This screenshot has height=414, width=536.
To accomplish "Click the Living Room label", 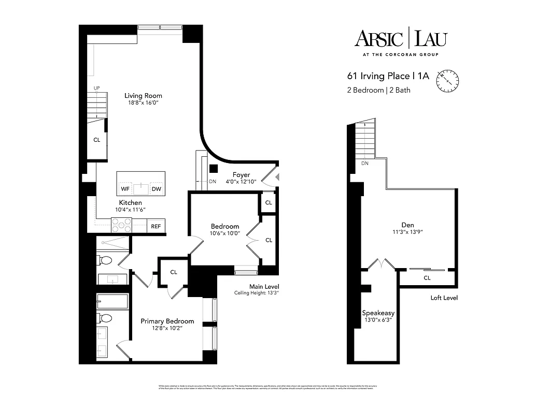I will pos(143,95).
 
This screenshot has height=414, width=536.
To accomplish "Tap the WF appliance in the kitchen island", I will pos(125,189).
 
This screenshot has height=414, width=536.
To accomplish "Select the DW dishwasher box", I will pos(156,189).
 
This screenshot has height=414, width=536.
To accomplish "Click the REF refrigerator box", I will pos(155,226).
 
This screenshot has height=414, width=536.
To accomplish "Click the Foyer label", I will pos(241,174).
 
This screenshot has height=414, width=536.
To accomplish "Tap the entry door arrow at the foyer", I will pos(277,178).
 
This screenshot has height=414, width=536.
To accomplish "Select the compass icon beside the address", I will pos(448,80).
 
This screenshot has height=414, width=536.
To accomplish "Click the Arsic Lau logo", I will pos(400,39).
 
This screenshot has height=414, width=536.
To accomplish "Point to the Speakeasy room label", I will pos(378,313).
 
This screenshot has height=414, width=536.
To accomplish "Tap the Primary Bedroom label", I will pos(167,321).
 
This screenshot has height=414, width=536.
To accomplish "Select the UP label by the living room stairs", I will pos(96,88).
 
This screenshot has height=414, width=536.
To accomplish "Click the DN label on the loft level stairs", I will pos(365,164).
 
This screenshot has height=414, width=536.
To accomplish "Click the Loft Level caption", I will pos(444,298).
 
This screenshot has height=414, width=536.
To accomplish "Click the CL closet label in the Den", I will pos(427,278).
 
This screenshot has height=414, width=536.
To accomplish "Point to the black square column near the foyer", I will pos(213,168).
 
